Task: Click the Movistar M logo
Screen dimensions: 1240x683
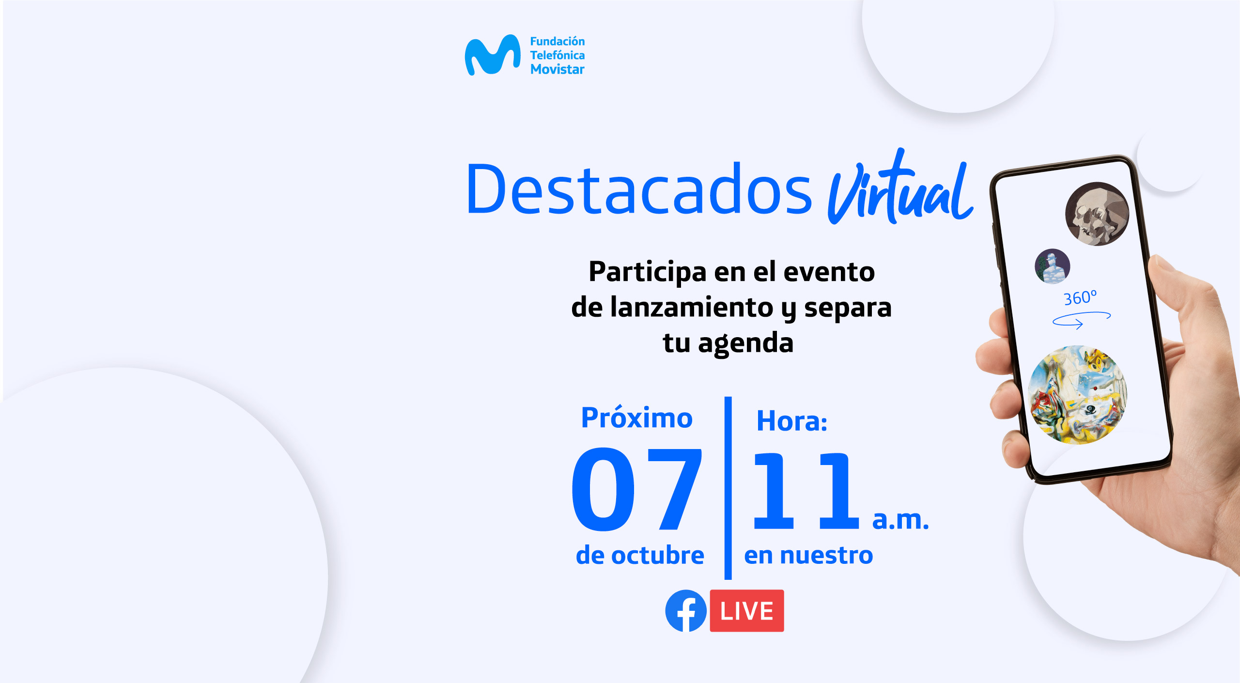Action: (x=493, y=55)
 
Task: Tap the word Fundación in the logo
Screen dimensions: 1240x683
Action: (x=558, y=41)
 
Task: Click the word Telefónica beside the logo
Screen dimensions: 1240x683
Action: (x=558, y=55)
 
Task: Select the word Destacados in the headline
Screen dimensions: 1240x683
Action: (x=638, y=189)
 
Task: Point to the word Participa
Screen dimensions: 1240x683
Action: (x=647, y=272)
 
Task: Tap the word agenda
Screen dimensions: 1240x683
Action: (x=745, y=343)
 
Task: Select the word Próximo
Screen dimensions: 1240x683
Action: (x=636, y=418)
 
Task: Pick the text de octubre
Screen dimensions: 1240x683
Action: (x=640, y=555)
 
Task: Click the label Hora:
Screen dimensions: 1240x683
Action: (x=792, y=420)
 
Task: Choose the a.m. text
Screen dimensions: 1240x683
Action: (x=900, y=520)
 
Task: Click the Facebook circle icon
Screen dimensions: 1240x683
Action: (x=686, y=610)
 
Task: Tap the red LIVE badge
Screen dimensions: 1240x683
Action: (x=747, y=610)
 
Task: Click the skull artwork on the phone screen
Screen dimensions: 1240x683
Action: (x=1097, y=214)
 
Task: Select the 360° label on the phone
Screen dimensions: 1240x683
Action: (x=1080, y=297)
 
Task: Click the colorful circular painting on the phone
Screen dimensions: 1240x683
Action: (x=1078, y=394)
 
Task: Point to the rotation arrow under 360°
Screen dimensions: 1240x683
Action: (x=1082, y=320)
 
